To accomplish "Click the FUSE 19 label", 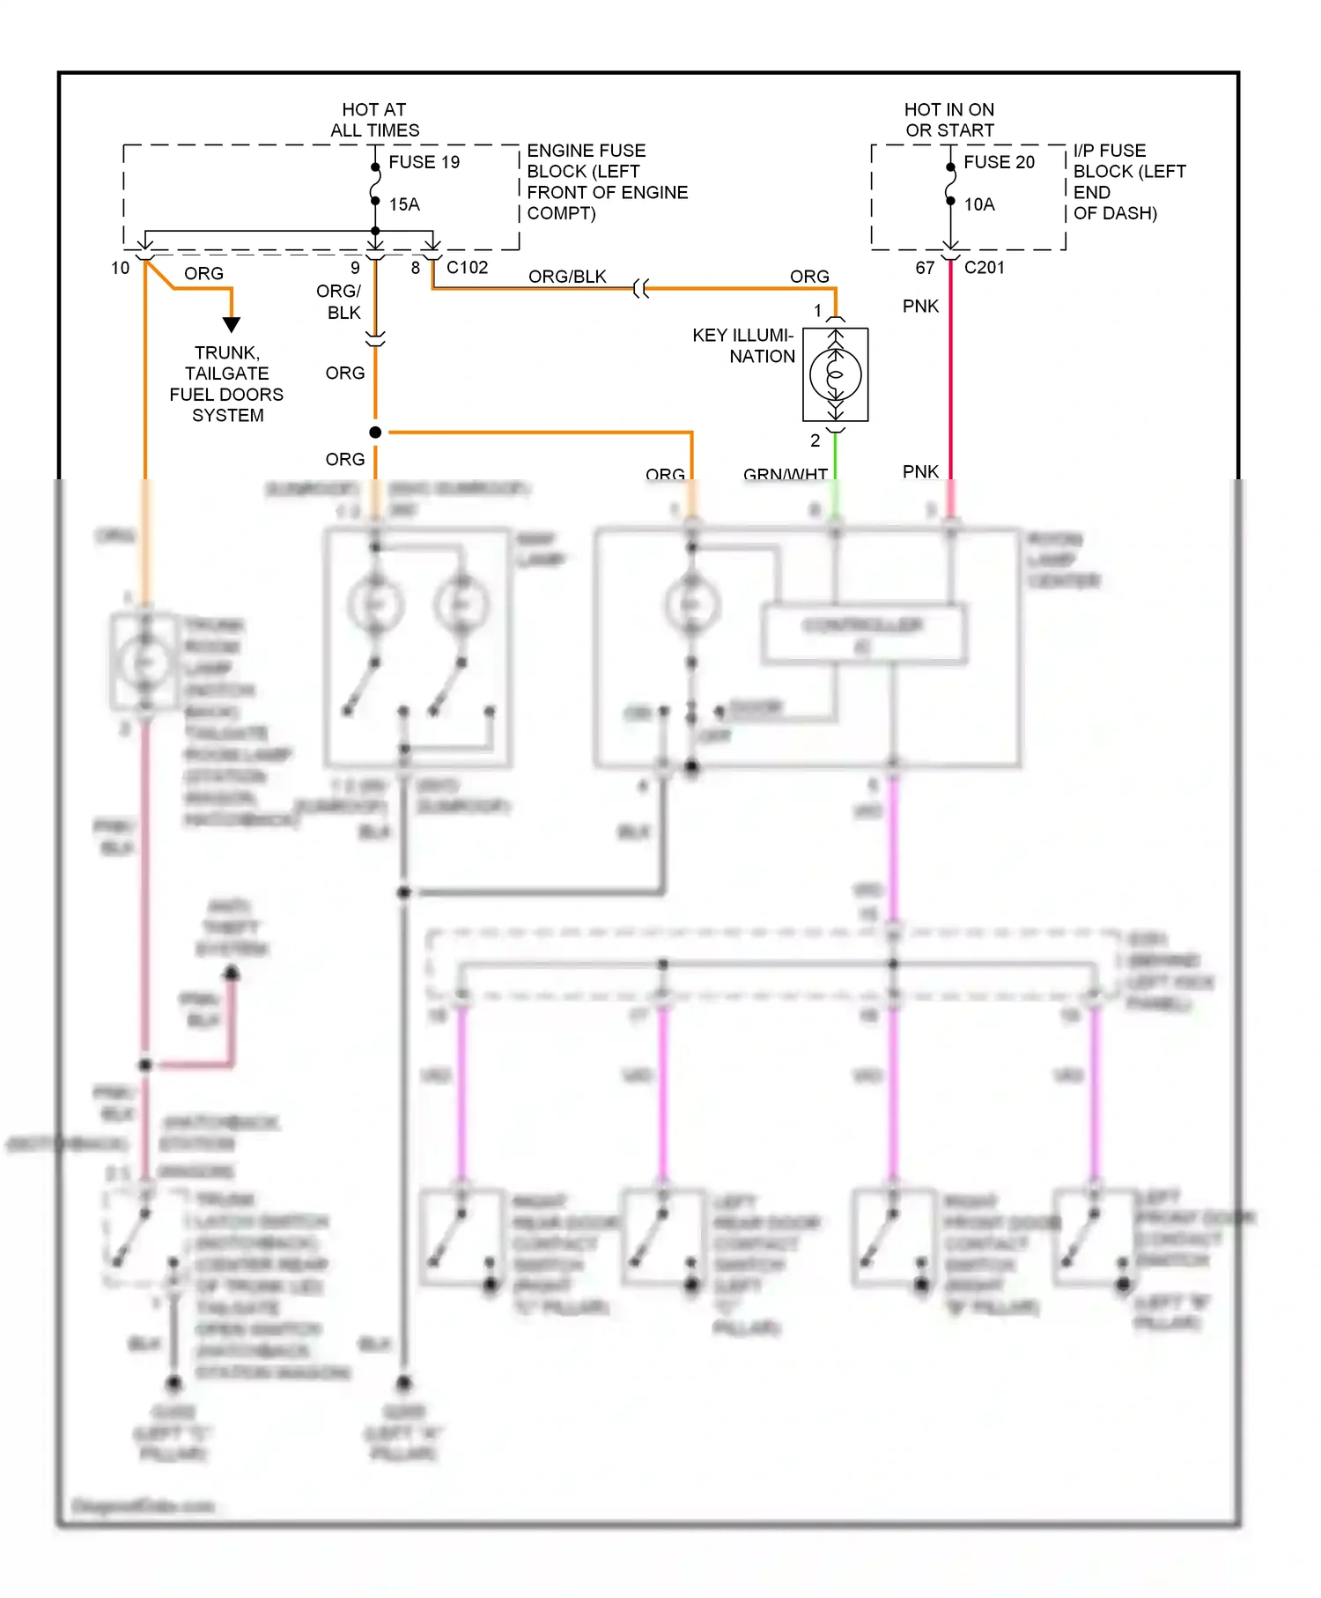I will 424,162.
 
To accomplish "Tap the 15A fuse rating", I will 404,204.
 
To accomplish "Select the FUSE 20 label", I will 999,162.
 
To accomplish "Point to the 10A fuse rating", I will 979,204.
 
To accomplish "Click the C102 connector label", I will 467,267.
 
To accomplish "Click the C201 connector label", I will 984,267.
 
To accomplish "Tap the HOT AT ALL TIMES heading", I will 374,120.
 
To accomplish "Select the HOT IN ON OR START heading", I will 949,120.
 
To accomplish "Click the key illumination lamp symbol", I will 835,374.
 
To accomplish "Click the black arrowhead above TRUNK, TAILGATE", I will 232,324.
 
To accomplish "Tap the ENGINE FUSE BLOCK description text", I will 606,181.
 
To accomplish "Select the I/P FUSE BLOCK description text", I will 1127,181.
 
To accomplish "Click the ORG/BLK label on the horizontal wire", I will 567,277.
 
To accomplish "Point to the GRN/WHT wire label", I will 785,474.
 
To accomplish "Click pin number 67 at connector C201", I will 925,268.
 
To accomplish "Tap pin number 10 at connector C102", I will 121,268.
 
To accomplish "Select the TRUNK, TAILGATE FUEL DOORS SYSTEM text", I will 227,384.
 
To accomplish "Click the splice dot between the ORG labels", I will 375,433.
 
